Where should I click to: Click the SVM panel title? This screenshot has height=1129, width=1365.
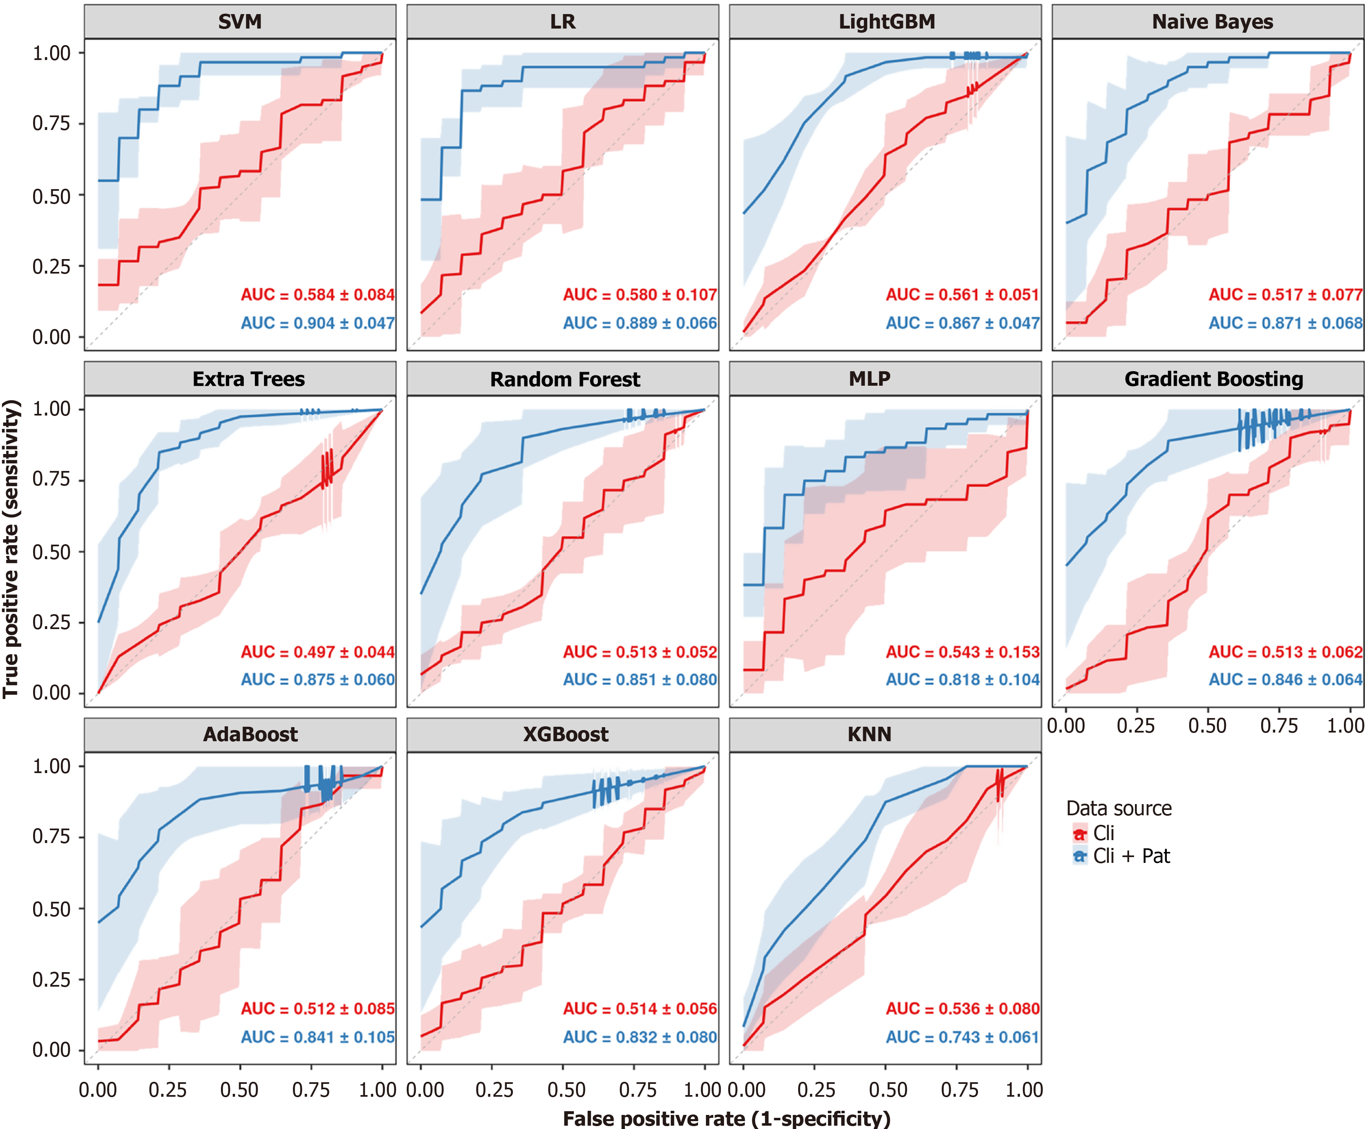(x=240, y=22)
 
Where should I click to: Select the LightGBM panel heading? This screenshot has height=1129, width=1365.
(x=887, y=22)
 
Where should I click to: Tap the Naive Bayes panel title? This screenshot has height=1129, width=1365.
(x=1212, y=22)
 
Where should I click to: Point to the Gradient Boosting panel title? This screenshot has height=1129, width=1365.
(x=1214, y=379)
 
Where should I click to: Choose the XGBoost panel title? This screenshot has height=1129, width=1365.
(x=566, y=735)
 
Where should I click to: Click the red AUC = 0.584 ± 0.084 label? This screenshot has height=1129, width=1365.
(x=317, y=294)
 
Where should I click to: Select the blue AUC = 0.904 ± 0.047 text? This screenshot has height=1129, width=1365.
(x=317, y=323)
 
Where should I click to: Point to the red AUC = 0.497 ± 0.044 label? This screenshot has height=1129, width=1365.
(x=317, y=651)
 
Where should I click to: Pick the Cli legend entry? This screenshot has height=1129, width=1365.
(x=1104, y=833)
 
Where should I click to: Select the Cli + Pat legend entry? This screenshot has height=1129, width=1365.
(x=1131, y=856)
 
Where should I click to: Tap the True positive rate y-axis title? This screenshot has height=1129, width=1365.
(x=11, y=549)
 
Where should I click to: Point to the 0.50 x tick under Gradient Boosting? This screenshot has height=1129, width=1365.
(x=1207, y=725)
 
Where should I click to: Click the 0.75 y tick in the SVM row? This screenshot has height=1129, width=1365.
(x=51, y=123)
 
